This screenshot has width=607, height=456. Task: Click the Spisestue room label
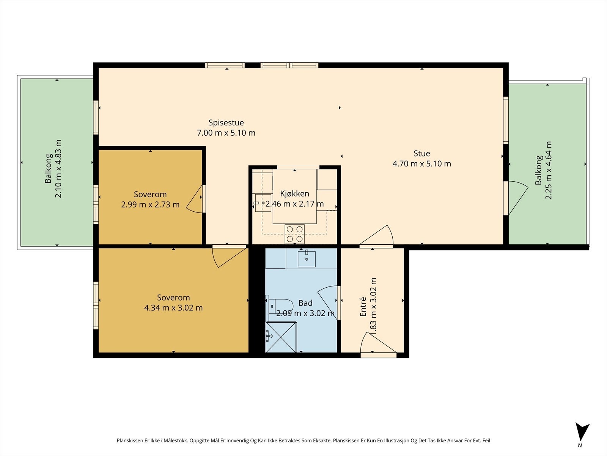click(x=226, y=123)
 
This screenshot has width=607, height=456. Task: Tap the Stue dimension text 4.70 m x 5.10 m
click(x=422, y=164)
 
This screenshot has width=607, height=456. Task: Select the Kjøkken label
click(x=294, y=193)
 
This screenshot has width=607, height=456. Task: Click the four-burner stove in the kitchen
click(x=294, y=234)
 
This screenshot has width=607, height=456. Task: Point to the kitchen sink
click(x=263, y=203)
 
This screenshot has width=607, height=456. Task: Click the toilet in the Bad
click(x=280, y=306)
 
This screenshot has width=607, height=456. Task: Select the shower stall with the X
click(x=281, y=337)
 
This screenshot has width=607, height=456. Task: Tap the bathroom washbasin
click(x=307, y=259)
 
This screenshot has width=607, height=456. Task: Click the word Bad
click(x=305, y=303)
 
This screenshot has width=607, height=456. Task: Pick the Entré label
click(x=363, y=307)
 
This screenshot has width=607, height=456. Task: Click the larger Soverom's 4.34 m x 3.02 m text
click(x=173, y=307)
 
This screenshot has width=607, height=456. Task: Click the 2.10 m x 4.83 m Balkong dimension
click(x=58, y=169)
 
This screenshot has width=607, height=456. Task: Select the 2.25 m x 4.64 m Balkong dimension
click(x=548, y=170)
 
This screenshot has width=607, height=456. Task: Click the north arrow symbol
click(x=582, y=432)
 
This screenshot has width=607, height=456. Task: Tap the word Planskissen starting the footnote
click(x=130, y=440)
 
